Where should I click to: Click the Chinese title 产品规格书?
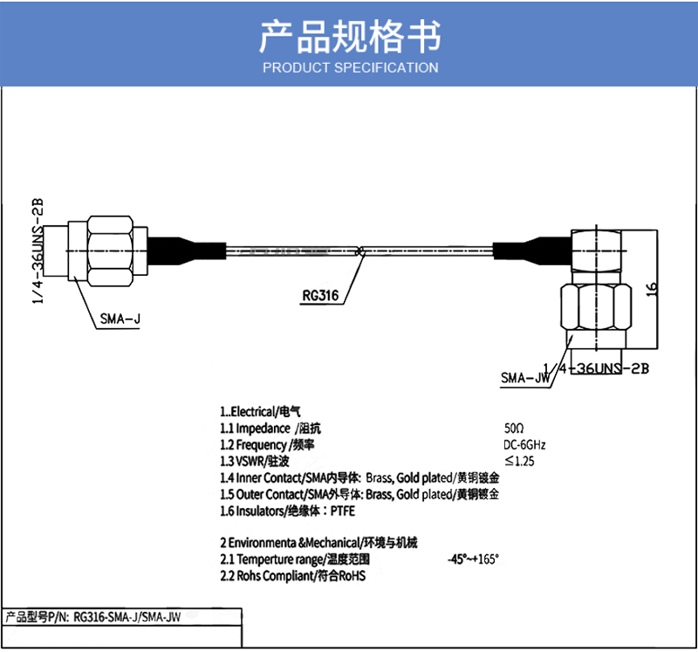pyautogui.click(x=350, y=36)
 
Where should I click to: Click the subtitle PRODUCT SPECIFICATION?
pyautogui.click(x=350, y=67)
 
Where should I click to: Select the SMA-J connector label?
pyautogui.click(x=120, y=319)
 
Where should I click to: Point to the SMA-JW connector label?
pyautogui.click(x=524, y=378)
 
